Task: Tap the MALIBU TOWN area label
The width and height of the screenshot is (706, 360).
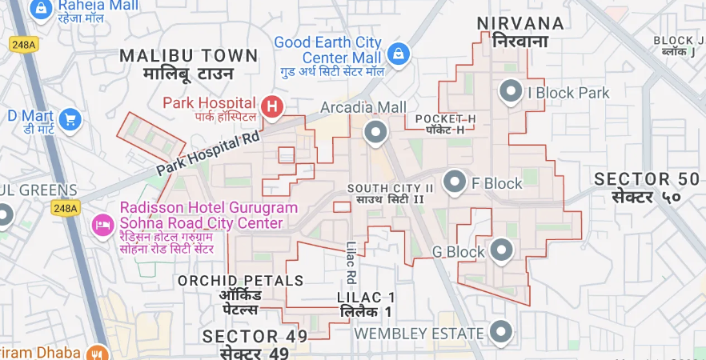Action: pos(189,56)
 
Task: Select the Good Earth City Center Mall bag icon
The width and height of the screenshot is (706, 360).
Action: pos(396,54)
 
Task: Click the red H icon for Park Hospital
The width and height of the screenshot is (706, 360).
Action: pos(273,106)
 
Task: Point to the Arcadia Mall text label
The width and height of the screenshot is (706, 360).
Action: pos(363,107)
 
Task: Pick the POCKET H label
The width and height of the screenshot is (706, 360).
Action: pos(446,119)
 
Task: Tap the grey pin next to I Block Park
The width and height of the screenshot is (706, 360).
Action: pos(511,92)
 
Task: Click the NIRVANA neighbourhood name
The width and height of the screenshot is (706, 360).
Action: pos(520,23)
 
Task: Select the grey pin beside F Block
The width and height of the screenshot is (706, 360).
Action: pos(455,182)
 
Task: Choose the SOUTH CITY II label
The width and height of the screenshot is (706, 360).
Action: pos(391,188)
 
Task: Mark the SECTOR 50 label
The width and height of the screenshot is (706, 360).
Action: pos(648,179)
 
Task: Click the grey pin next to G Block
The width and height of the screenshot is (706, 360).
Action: pos(502,250)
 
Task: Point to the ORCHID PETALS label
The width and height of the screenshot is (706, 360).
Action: pos(241,281)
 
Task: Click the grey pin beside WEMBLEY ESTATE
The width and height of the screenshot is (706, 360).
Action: pos(502,331)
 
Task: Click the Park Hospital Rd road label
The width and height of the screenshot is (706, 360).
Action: pos(209,154)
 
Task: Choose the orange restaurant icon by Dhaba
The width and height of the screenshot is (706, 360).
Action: pos(98,353)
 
